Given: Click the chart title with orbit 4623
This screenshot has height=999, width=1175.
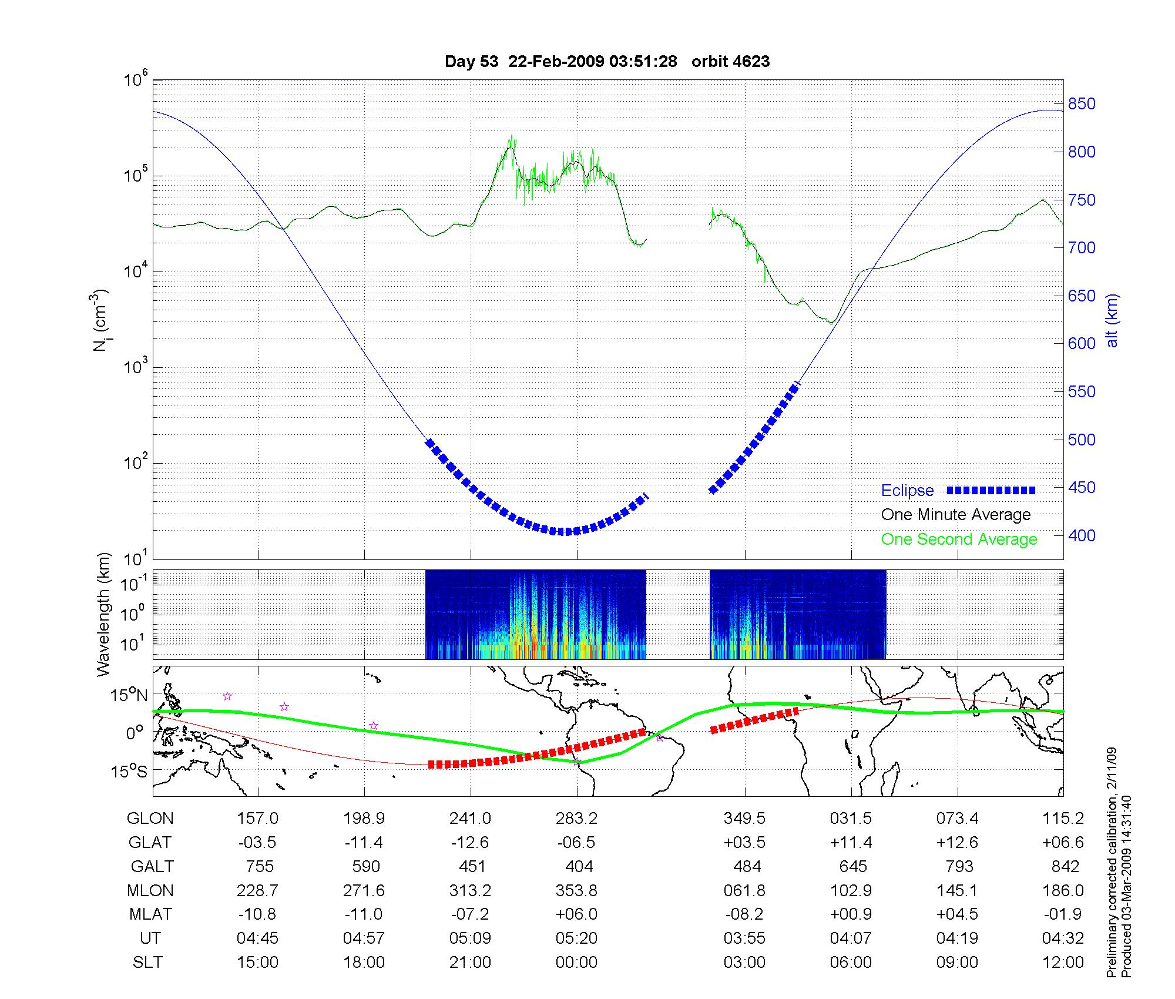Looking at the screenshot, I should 607,62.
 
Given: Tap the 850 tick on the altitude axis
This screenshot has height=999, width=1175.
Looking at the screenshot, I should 1082,104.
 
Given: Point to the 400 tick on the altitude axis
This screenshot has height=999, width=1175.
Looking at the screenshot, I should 1082,535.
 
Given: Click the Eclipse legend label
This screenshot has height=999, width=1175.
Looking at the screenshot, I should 907,491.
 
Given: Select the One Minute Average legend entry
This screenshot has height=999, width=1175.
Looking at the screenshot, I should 956,515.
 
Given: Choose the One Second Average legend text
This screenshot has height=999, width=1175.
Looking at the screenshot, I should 959,539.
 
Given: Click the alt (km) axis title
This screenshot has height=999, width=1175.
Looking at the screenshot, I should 1112,321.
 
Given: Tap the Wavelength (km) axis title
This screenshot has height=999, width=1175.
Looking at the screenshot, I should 104,614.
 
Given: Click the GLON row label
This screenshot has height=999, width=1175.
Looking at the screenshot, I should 150,819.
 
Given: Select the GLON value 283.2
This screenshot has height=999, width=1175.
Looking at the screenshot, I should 576,819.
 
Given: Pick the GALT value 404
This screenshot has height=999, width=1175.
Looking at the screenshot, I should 578,867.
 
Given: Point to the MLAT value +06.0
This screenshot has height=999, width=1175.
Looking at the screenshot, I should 576,914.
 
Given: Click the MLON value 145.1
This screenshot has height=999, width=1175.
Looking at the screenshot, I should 957,891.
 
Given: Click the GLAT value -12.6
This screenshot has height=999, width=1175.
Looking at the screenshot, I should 469,843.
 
